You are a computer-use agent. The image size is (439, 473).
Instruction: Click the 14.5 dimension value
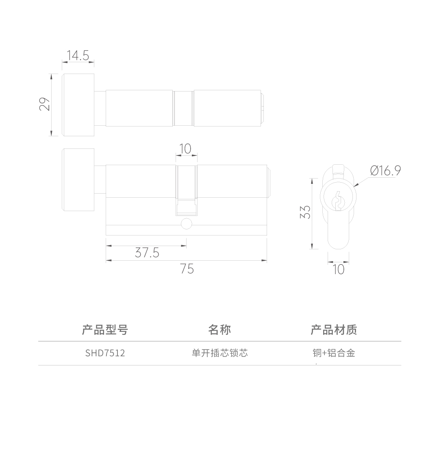(78, 55)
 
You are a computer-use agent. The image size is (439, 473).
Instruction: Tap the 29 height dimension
(45, 104)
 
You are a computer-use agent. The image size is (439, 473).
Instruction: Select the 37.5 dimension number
(147, 253)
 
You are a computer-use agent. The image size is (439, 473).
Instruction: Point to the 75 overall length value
(187, 269)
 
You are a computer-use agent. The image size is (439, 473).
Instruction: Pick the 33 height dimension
(305, 212)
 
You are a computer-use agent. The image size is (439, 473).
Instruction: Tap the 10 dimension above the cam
(185, 149)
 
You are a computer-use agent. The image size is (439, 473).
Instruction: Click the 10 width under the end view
(338, 269)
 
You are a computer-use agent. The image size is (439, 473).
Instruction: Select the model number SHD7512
(105, 353)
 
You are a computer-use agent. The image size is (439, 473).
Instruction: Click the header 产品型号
(105, 330)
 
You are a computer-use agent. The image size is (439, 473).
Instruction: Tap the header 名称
(219, 330)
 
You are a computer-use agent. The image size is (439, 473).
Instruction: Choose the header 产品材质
(334, 330)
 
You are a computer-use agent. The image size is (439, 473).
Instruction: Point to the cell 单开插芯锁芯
(219, 353)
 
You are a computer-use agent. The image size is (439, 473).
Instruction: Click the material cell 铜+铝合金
(334, 353)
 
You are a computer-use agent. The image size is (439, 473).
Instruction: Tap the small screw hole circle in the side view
(186, 224)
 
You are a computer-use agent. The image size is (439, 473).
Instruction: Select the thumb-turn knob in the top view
(78, 105)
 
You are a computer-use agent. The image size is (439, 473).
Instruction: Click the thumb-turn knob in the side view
(78, 180)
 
